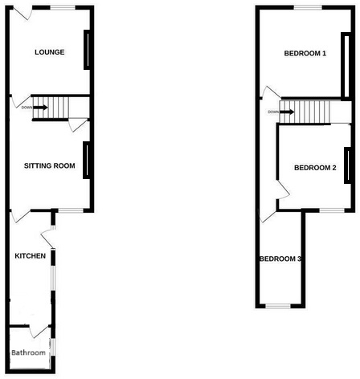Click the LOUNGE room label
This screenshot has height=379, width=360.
click(49, 53)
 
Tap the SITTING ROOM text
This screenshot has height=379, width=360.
click(49, 166)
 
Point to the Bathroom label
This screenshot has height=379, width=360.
click(28, 353)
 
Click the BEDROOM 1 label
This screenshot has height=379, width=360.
click(305, 54)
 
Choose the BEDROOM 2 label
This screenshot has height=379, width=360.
click(314, 168)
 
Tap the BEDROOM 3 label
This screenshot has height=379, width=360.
click(280, 259)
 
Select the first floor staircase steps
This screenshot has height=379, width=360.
click(309, 112)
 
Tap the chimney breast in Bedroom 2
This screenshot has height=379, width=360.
click(346, 165)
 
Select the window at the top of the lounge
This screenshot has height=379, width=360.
click(61, 7)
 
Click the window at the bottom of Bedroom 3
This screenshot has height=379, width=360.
click(280, 305)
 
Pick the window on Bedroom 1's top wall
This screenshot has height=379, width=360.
click(308, 7)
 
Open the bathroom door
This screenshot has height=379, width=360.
click(36, 331)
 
